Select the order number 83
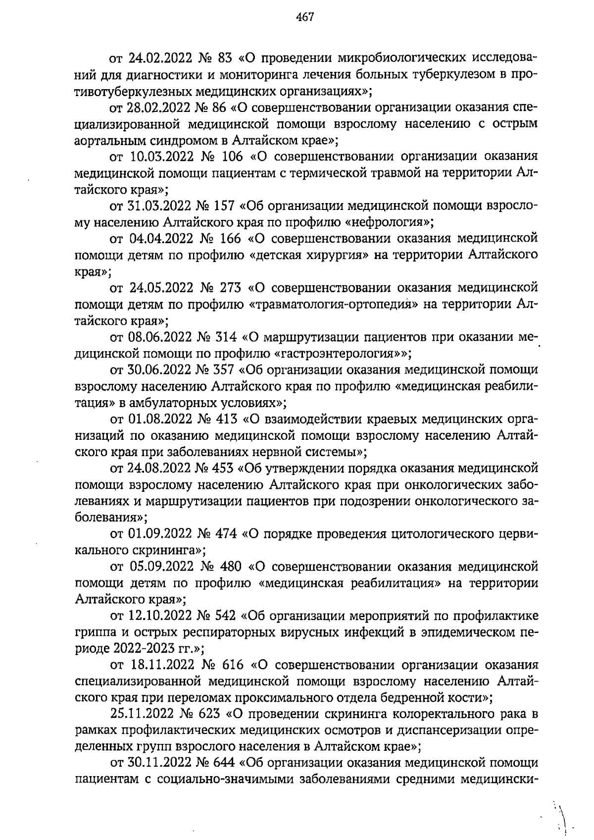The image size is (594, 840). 225,58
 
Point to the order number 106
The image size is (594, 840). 230,157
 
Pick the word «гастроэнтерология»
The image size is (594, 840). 339,354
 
